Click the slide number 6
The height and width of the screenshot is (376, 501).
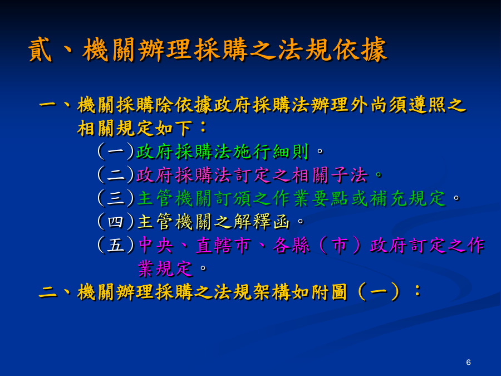pos(468,362)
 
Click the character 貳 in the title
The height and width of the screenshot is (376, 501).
pos(40,50)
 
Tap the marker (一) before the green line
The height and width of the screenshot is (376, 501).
pos(116,151)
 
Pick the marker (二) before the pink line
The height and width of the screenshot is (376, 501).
pos(116,175)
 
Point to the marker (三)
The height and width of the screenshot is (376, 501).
pos(116,198)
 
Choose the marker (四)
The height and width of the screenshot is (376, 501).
pos(116,222)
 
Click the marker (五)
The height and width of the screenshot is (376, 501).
pos(116,245)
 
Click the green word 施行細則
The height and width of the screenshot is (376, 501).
pos(271,152)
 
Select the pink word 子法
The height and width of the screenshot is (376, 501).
pos(349,175)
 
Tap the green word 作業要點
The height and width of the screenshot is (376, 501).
pos(310,198)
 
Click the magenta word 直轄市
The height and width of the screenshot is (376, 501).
pos(223,246)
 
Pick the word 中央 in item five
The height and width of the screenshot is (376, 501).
pos(156,246)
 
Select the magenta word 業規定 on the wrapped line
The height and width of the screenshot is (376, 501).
pos(165,268)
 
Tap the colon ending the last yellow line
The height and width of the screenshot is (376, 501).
pos(417,291)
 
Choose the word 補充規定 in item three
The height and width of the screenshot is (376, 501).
pos(407,198)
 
